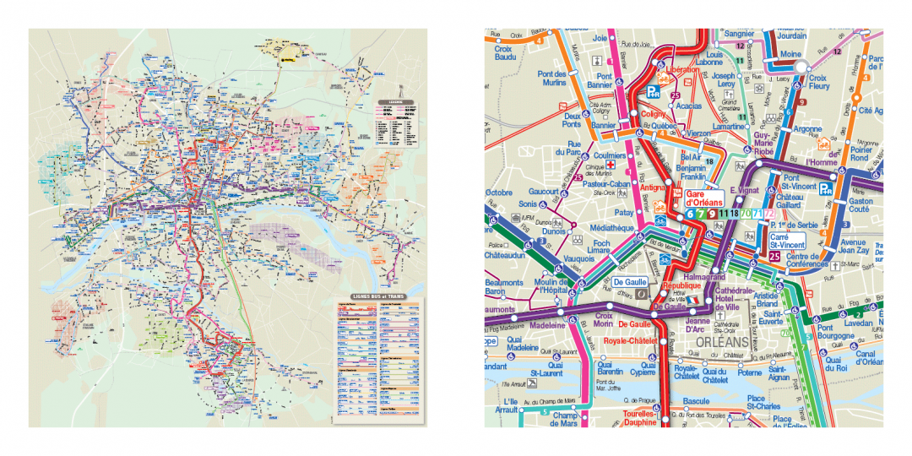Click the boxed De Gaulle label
(629, 282)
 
